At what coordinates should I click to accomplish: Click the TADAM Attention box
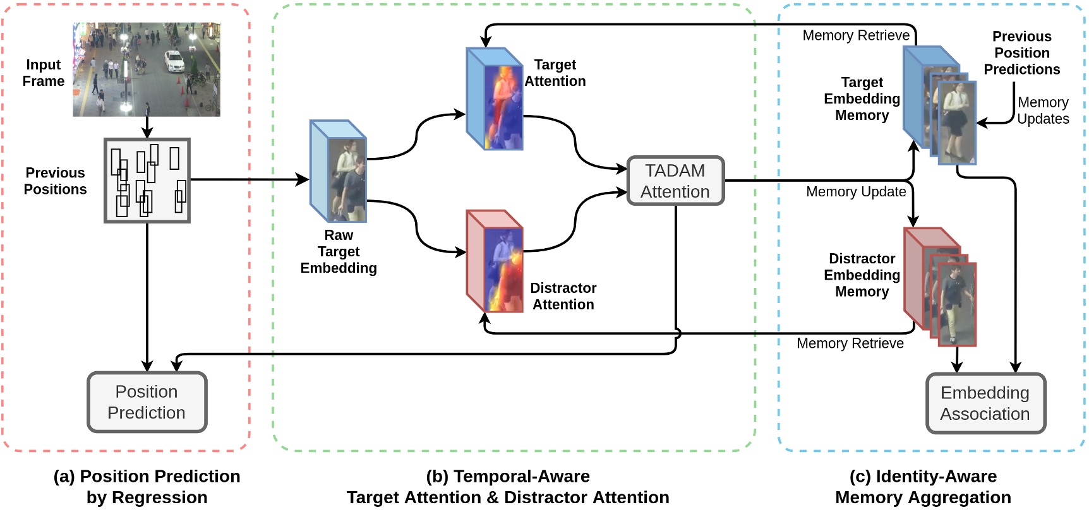pos(675,181)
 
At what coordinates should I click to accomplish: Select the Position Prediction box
pos(147,402)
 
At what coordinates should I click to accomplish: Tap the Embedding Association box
pos(985,403)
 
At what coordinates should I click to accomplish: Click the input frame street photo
pos(146,69)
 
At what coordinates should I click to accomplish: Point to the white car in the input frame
pos(174,61)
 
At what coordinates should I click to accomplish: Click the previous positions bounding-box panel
pos(147,181)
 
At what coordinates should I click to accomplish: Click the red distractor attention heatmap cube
pos(495,262)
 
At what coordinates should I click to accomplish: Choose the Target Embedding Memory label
pos(862,99)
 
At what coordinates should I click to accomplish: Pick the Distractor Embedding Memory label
pos(862,275)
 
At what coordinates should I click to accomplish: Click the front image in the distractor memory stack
pos(958,304)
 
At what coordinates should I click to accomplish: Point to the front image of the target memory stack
pos(958,122)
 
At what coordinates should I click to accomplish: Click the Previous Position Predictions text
pos(1021,53)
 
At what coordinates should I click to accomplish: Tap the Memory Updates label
pos(1043,110)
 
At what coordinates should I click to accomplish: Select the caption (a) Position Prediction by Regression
pos(147,487)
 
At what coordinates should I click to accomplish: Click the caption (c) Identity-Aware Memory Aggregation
pos(923,487)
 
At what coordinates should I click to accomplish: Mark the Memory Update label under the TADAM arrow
pos(856,192)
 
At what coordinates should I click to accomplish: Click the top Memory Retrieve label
pos(856,35)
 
